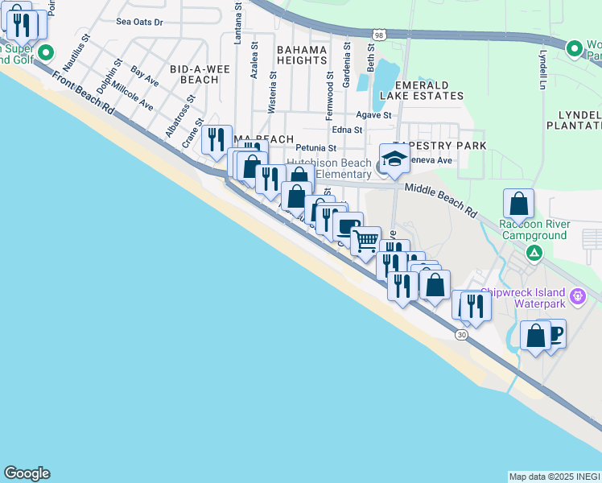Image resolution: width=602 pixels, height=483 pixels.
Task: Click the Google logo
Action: point(27,473)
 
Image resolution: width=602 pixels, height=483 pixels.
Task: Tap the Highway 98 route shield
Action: point(379,35)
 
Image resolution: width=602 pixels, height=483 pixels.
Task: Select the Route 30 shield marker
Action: point(460,334)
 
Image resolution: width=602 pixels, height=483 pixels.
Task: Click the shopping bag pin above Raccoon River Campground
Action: point(519,204)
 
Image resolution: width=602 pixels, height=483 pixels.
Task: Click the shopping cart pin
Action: point(366,240)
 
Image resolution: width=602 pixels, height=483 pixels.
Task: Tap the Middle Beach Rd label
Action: point(441,200)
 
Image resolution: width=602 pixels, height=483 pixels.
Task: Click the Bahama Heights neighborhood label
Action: point(303,56)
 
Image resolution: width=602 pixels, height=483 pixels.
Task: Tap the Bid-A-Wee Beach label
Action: point(195,74)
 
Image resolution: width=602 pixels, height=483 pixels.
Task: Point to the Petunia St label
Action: point(315,148)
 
